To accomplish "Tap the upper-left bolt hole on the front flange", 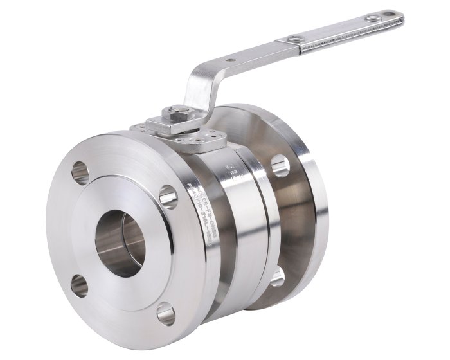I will pos(80,172).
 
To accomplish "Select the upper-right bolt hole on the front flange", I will pos(168,196).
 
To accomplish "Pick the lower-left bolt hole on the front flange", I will pos(80,284).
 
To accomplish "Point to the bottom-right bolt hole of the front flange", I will pos(165,314).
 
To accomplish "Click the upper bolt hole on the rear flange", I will pos(280,165).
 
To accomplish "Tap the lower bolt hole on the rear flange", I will pos(277,276).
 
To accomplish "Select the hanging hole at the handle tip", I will pos(390,15).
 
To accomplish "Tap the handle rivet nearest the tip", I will pos(372,19).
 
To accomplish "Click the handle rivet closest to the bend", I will pos(295,40).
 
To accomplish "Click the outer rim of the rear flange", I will pos(318,212).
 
